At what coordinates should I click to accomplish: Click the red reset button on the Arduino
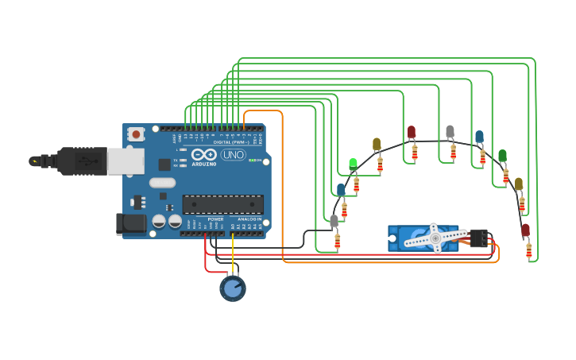click(x=136, y=134)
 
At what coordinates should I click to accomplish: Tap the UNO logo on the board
click(x=234, y=155)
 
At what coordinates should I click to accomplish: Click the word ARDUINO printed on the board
click(x=203, y=163)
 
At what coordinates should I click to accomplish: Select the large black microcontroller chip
click(x=222, y=204)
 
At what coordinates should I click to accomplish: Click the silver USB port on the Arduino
click(x=126, y=161)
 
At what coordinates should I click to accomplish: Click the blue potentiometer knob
click(x=232, y=288)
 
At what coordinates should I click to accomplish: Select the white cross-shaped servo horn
click(x=435, y=238)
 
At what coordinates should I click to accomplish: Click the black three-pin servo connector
click(x=479, y=238)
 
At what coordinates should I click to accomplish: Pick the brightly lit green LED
click(x=353, y=164)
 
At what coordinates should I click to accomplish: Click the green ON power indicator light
click(x=251, y=161)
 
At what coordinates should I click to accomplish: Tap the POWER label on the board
click(x=215, y=219)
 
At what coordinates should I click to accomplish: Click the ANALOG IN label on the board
click(x=248, y=219)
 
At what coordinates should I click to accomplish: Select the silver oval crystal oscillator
click(x=161, y=183)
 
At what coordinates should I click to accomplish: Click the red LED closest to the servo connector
click(x=525, y=230)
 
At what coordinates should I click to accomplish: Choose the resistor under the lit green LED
click(x=356, y=185)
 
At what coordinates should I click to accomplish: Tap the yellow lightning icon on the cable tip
click(x=34, y=161)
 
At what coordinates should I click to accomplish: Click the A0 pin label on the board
click(x=233, y=226)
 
